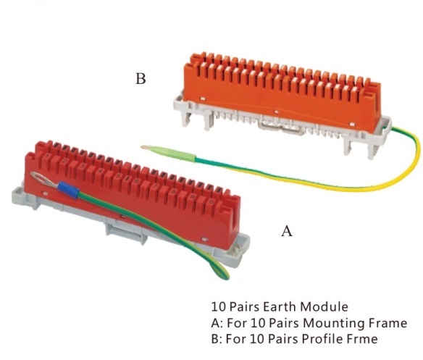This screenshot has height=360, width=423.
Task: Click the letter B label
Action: (141, 78)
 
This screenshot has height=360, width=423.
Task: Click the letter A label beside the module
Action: (287, 231)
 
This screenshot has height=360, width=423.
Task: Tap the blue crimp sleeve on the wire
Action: (69, 189)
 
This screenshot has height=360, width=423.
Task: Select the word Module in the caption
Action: (324, 307)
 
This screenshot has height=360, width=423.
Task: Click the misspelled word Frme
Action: (363, 339)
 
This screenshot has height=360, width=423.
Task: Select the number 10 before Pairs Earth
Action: (217, 307)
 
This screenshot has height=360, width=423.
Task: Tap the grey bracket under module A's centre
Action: (126, 231)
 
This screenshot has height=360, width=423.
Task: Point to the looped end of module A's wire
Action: (219, 270)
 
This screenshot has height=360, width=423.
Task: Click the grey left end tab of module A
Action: (24, 198)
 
